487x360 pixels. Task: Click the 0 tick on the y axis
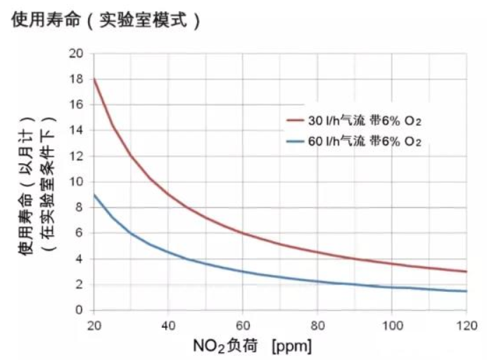tap(79, 310)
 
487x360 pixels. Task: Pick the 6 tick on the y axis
tap(79, 233)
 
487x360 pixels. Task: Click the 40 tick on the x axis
tap(168, 326)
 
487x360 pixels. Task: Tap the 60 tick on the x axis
tap(243, 326)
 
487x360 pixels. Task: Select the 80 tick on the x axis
tap(317, 326)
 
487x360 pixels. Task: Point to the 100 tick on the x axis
tap(391, 326)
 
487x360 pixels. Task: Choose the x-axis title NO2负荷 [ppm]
tap(252, 346)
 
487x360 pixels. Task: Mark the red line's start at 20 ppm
tap(94, 79)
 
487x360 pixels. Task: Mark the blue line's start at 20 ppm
tap(94, 195)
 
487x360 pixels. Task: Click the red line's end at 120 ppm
tap(466, 271)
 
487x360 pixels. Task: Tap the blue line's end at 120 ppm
tap(466, 291)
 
